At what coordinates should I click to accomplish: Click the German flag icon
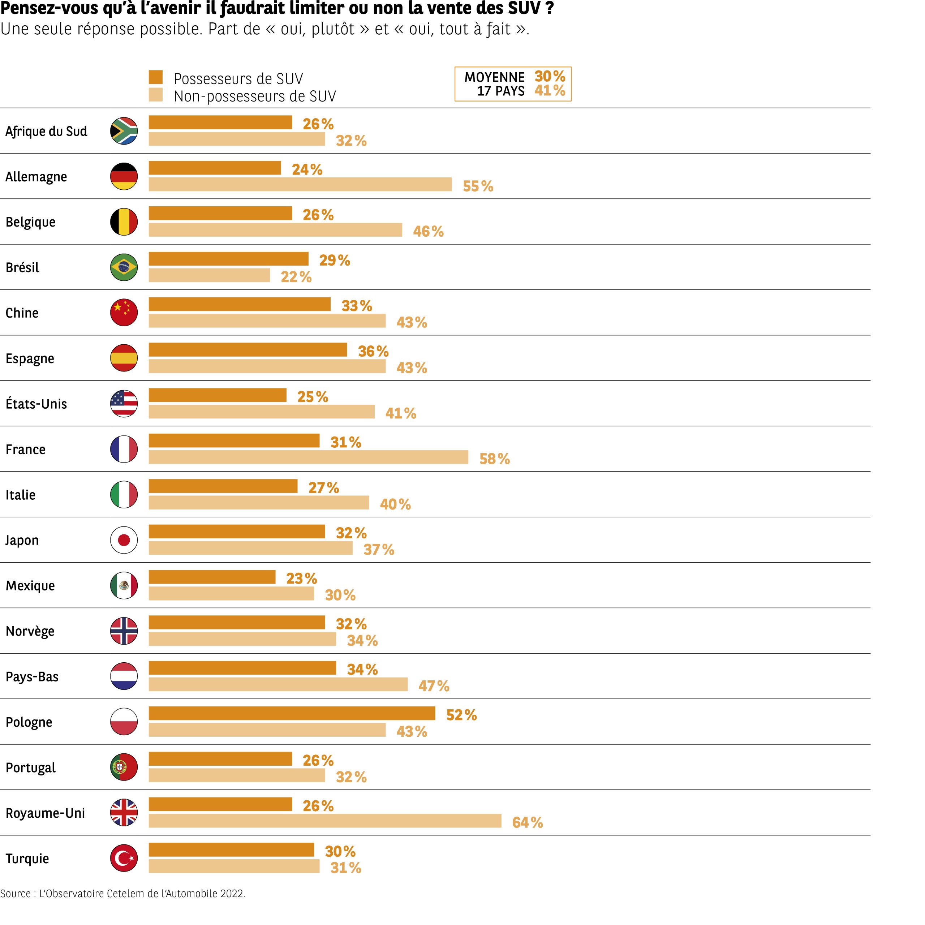click(x=124, y=176)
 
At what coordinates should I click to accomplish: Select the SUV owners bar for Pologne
click(x=292, y=713)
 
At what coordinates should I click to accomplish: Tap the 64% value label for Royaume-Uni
click(x=527, y=822)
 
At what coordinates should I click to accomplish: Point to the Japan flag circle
click(x=124, y=540)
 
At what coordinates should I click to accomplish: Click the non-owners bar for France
click(x=308, y=457)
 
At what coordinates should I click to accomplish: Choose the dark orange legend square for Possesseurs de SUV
click(x=156, y=77)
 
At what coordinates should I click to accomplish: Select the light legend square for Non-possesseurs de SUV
click(x=156, y=95)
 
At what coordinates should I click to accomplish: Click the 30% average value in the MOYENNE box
click(x=550, y=76)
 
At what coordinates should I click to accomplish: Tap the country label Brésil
click(x=22, y=267)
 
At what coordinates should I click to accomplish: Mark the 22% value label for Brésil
click(x=296, y=277)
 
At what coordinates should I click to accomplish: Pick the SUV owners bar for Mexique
click(x=212, y=577)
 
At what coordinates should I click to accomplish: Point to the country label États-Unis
click(x=36, y=404)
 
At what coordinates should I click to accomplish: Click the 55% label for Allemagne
click(x=478, y=186)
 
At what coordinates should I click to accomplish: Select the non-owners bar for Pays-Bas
click(x=278, y=685)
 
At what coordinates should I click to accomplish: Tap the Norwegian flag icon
click(x=124, y=631)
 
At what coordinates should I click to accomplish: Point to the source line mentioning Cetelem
click(x=122, y=894)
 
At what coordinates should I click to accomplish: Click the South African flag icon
click(x=124, y=131)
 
